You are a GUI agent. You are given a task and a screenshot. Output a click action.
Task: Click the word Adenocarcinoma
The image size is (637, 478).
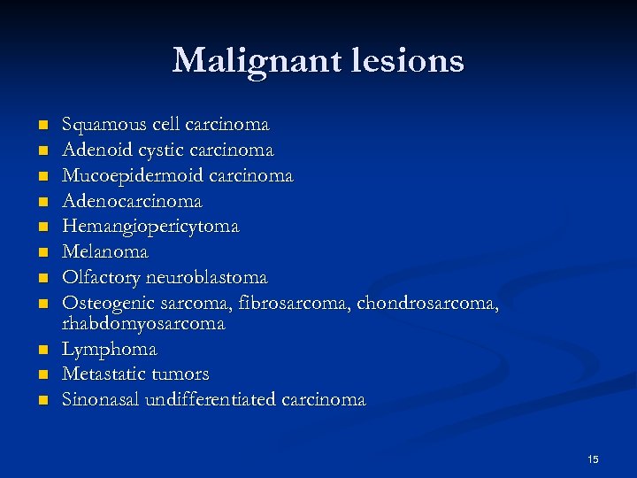coord(132,201)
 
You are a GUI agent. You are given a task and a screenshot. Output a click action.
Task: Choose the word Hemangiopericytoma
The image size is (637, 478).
coord(150,227)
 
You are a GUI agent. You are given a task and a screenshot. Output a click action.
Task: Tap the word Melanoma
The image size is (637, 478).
coord(104,252)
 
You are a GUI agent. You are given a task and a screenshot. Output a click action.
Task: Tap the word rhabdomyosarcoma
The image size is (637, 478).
coord(143,324)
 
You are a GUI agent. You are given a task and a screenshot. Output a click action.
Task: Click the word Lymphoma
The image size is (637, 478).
coord(109,350)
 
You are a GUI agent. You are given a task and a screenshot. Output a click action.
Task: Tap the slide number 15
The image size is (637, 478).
coord(593,459)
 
